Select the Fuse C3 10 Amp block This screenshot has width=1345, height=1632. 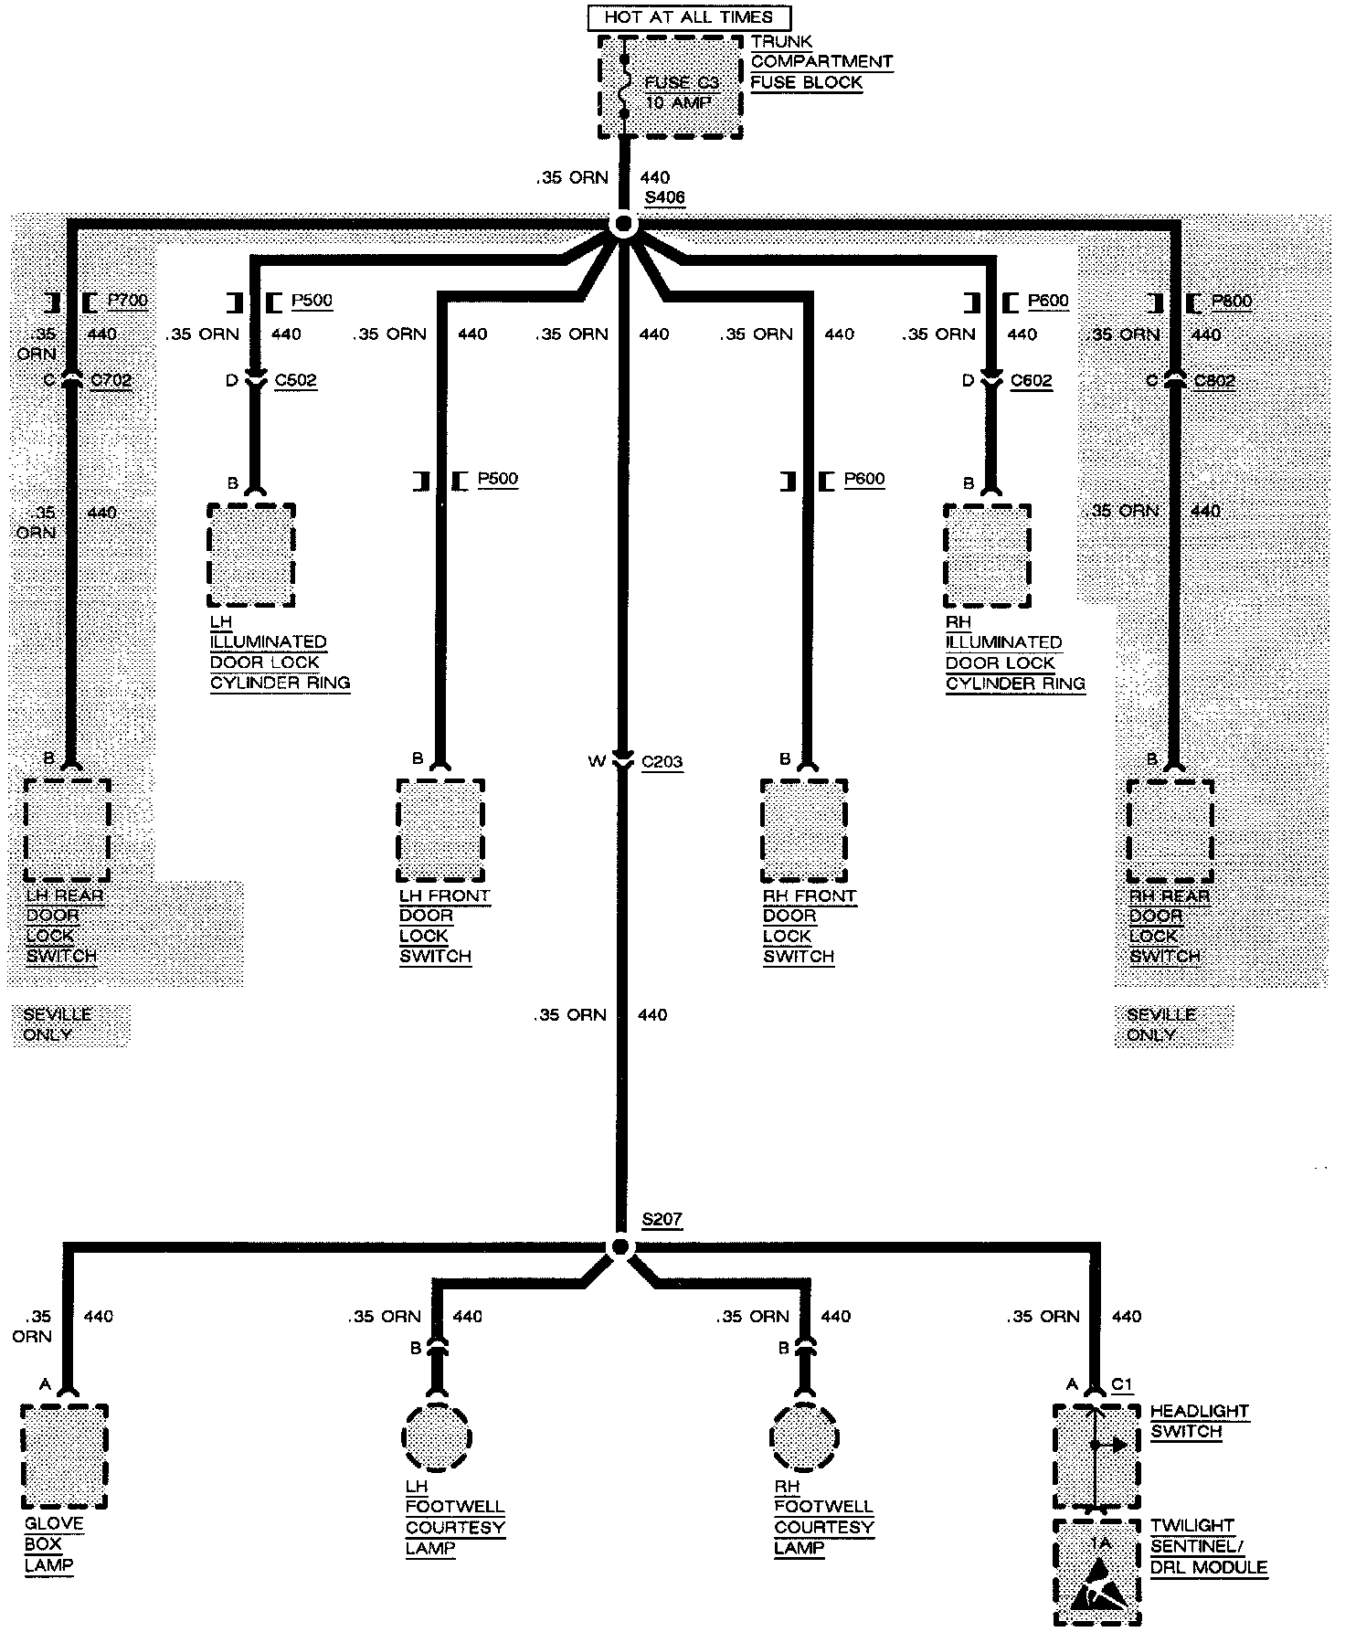[670, 88]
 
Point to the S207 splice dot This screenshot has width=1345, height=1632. [620, 1247]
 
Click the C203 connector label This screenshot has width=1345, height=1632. [662, 762]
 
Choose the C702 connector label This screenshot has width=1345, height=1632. [111, 380]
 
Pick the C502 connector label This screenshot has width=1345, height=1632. [295, 380]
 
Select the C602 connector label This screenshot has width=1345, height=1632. [1031, 380]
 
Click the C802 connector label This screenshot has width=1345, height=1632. [1214, 380]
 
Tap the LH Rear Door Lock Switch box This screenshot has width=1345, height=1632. [67, 830]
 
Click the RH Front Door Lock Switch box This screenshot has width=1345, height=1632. [804, 830]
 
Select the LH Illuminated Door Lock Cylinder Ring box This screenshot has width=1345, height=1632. [251, 555]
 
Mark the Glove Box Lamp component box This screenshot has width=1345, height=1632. [64, 1457]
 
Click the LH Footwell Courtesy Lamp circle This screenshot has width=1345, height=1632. [437, 1437]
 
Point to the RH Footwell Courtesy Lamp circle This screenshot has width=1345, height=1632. [805, 1437]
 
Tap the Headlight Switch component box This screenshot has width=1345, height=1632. [1096, 1457]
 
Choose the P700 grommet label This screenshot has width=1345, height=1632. [127, 301]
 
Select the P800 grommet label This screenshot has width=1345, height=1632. [1231, 301]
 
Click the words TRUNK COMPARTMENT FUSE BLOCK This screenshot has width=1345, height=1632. [821, 62]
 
